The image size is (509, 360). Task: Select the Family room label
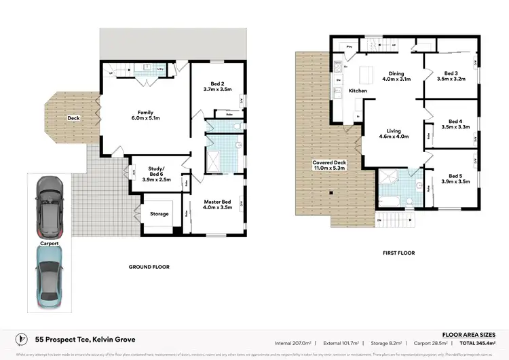pyautogui.click(x=145, y=116)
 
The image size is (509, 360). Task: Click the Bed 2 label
pyautogui.click(x=217, y=86)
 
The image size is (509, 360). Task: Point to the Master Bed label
pyautogui.click(x=218, y=204)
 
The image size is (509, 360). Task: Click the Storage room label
pyautogui.click(x=159, y=214)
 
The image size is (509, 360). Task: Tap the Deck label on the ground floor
pyautogui.click(x=73, y=118)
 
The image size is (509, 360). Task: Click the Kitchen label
pyautogui.click(x=358, y=90)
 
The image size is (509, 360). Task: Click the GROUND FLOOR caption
pyautogui.click(x=149, y=267)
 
